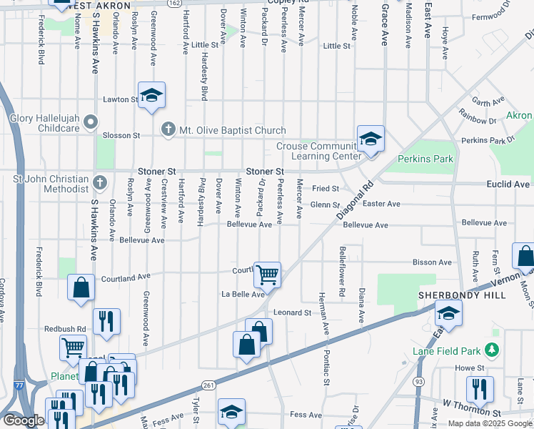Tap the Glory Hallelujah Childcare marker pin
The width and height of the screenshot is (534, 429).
(x=90, y=123)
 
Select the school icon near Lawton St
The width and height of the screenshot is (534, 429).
(x=151, y=97)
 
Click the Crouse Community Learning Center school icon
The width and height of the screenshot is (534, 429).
(x=371, y=139)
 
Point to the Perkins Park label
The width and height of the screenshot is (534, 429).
(x=425, y=158)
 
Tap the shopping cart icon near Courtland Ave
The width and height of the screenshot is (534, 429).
(x=266, y=273)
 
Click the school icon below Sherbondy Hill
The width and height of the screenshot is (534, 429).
(x=448, y=312)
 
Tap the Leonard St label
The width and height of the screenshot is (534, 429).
(x=293, y=312)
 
